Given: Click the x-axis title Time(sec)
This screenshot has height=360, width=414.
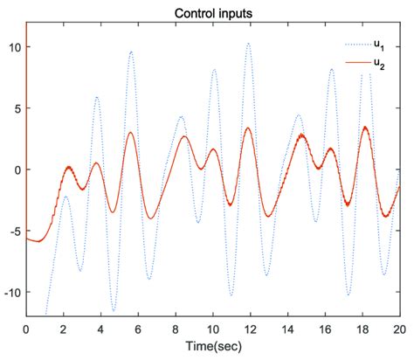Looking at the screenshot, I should [213, 348].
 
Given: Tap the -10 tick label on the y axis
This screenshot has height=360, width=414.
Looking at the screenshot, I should [13, 292].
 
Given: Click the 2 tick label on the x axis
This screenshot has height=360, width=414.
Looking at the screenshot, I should [64, 329].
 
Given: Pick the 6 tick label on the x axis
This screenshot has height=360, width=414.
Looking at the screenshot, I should [138, 329].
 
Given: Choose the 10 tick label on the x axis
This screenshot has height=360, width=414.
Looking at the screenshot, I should [213, 329].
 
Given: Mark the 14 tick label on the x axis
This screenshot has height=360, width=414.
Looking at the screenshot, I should [288, 329].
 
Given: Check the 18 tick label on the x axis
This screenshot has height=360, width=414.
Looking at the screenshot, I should [362, 329].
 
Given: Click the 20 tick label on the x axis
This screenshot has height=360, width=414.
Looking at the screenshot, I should [399, 329].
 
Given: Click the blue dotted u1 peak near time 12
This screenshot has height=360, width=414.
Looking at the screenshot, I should [249, 44].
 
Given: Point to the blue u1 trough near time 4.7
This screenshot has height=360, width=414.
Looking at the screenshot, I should [114, 310].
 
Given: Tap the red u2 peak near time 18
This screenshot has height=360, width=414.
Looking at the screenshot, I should [365, 128].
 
